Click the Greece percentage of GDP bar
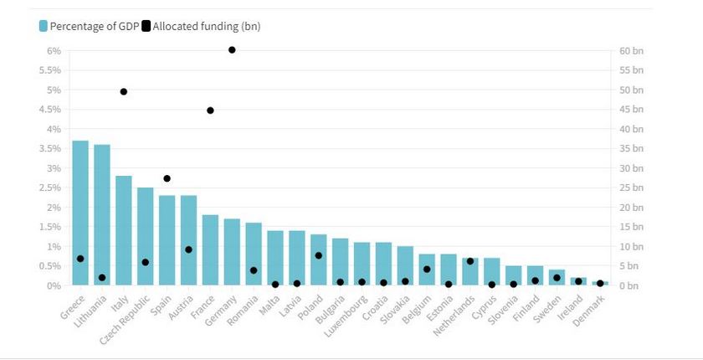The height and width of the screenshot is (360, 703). point(80,213)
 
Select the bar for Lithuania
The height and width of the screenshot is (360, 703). point(102,215)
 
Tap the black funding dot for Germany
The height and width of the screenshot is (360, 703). point(232,50)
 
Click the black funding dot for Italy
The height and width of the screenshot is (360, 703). point(124,91)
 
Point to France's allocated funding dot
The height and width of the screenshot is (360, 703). point(210,111)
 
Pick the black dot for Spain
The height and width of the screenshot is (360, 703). point(167,178)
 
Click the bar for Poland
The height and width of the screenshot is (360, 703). point(319,260)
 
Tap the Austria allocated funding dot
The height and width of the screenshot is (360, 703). point(188,249)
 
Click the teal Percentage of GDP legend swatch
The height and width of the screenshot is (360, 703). point(44,26)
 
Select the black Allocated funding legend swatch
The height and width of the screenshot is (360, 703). point(146,26)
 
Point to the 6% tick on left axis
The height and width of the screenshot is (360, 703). point(54,50)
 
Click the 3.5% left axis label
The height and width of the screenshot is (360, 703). point(49,148)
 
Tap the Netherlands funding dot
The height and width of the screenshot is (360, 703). point(470,261)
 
